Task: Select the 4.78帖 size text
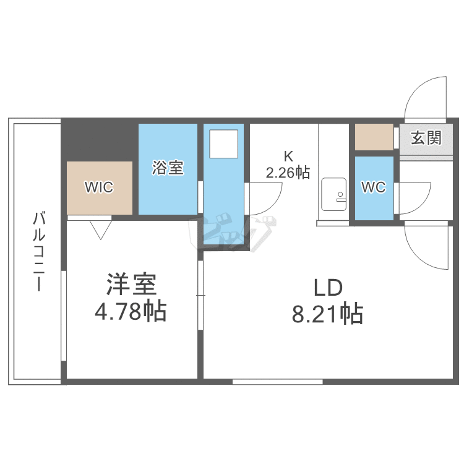tap(131, 311)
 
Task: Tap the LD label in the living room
tap(327, 288)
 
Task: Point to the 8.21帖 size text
tap(327, 315)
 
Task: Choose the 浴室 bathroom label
tap(168, 167)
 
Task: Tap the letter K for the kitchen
tap(288, 155)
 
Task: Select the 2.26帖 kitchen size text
tap(288, 172)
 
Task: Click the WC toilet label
tap(374, 187)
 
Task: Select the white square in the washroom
tap(223, 144)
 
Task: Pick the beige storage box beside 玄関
tap(374, 137)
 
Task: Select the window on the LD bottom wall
tap(278, 381)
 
